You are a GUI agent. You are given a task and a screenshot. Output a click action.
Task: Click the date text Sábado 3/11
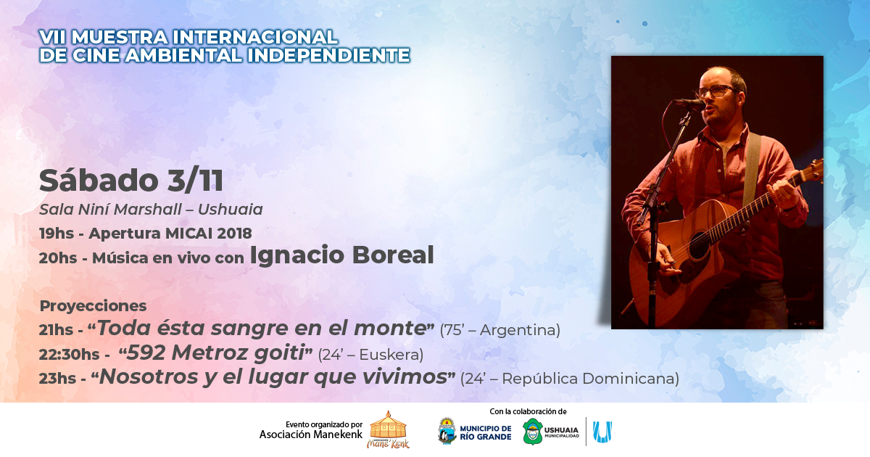point(131,181)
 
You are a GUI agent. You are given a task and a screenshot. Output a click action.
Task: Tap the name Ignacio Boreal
point(341,255)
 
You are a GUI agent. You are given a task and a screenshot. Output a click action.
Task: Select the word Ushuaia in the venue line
point(231,210)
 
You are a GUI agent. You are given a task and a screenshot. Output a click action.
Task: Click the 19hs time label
point(57,234)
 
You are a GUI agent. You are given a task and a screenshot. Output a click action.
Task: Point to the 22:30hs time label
point(69,355)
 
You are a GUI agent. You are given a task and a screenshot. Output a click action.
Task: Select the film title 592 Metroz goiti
point(215,353)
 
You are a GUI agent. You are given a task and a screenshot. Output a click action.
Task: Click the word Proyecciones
point(94,306)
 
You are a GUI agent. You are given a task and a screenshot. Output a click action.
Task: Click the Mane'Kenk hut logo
point(388,429)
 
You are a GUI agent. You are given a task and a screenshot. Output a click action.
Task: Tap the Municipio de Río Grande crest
point(447,431)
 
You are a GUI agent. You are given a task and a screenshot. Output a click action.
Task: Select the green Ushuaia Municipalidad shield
point(532,432)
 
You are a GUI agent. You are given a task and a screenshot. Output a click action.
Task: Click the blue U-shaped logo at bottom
point(602,432)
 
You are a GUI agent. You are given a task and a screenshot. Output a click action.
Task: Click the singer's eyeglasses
point(716,91)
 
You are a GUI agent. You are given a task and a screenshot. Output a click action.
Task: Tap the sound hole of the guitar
point(700,245)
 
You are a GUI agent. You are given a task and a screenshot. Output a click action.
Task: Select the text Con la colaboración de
point(528,411)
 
